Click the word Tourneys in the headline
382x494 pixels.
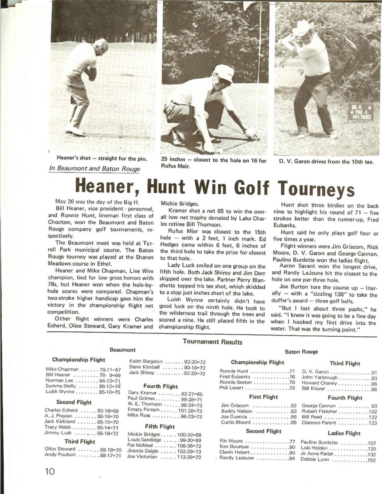316,189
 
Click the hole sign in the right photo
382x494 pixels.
361,112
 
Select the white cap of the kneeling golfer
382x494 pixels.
224,73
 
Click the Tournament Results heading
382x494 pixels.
212,342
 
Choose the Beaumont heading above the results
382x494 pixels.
122,350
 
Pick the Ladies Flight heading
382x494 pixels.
344,433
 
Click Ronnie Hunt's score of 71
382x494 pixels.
292,371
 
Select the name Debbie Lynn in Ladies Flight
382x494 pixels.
314,460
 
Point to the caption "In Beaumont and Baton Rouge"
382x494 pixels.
94,168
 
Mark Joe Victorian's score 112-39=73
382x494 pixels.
189,457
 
